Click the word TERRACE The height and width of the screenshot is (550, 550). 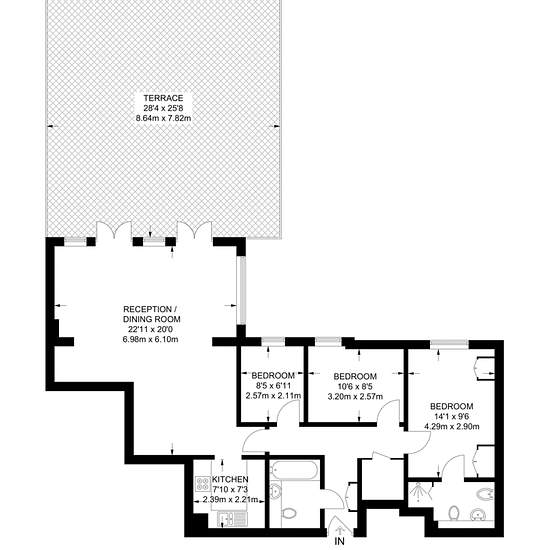(x=163, y=98)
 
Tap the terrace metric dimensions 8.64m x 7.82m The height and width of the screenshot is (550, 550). (x=163, y=118)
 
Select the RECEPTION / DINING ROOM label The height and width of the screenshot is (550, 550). (x=152, y=314)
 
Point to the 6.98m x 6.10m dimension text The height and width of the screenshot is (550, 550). (x=151, y=339)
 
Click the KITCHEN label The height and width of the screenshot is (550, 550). (x=230, y=479)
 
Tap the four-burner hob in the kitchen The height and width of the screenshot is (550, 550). (x=203, y=484)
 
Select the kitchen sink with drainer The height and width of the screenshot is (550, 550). (x=232, y=518)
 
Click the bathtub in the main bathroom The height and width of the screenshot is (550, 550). (x=294, y=470)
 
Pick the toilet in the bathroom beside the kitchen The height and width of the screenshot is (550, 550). (x=288, y=514)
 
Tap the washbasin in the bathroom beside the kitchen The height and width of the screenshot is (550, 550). (x=276, y=490)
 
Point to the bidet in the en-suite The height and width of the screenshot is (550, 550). (x=485, y=494)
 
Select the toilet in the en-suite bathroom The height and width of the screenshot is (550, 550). (x=454, y=513)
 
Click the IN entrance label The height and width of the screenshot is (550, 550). (x=339, y=541)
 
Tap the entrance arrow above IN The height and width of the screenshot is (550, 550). (x=339, y=530)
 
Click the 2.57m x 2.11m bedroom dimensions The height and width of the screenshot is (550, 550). (x=274, y=396)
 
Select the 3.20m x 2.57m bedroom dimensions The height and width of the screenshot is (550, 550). (x=355, y=397)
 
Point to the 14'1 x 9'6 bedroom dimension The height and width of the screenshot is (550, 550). (x=452, y=416)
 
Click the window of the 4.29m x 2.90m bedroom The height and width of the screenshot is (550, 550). (x=450, y=343)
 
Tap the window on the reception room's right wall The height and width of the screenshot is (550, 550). (x=241, y=290)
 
